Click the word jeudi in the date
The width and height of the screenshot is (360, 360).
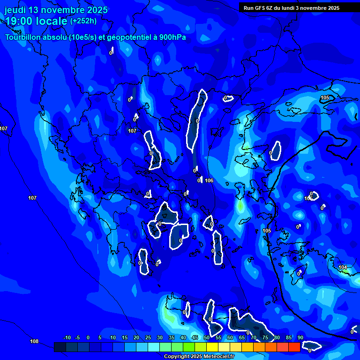point(15,10)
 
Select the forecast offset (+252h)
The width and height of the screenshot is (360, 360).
point(83,21)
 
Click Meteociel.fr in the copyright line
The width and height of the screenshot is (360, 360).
point(219,357)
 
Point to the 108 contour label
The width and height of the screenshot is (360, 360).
point(34,341)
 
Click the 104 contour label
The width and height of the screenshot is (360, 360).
point(343,267)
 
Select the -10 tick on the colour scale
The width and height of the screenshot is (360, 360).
point(67,337)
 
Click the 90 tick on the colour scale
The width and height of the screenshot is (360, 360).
point(300,337)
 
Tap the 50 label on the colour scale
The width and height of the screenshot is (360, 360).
point(207,337)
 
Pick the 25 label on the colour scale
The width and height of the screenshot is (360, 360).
point(148,337)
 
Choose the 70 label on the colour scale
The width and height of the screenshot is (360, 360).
point(254,337)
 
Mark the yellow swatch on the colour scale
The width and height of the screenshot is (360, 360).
point(212,347)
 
